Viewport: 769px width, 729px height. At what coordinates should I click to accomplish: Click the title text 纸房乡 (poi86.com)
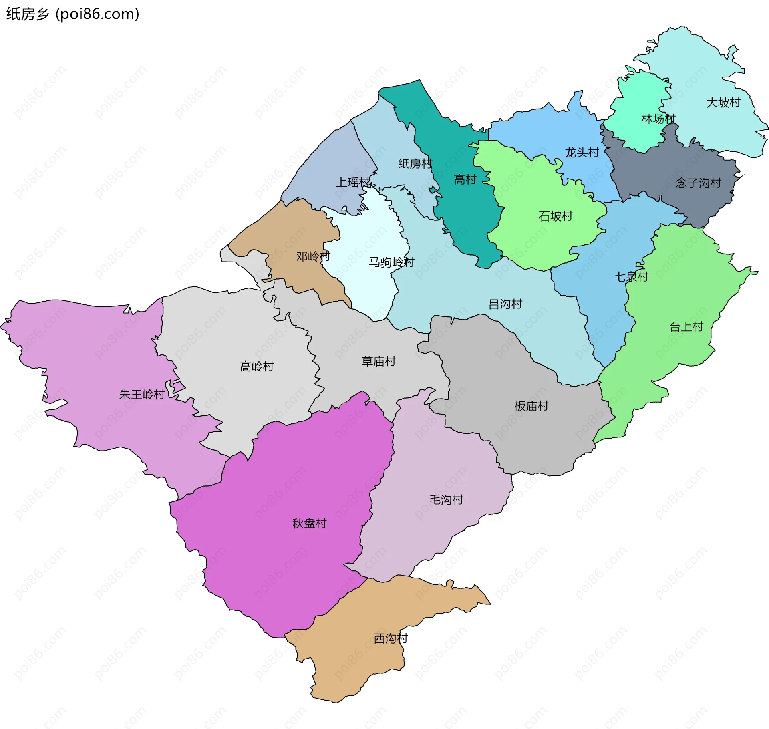coord(72,14)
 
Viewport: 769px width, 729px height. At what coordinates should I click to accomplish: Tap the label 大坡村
coord(723,103)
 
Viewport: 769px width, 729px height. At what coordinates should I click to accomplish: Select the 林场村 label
coord(658,119)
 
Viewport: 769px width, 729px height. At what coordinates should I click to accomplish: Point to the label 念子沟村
coord(698,183)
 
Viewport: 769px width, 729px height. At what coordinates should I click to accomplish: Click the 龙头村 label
coord(582,153)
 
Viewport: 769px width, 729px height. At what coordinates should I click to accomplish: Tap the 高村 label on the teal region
coord(465,179)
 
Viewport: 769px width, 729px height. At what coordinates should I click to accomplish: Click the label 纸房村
coord(415,163)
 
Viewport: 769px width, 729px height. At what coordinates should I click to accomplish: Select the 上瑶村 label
coord(352,182)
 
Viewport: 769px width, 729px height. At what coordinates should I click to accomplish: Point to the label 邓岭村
coord(313,256)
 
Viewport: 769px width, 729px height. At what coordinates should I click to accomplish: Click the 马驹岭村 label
coord(391,262)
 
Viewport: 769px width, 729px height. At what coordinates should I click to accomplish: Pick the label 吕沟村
coord(505,304)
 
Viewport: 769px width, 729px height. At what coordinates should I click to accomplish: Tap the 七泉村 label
coord(631,277)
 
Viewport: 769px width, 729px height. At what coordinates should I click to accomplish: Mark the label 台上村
coord(686,327)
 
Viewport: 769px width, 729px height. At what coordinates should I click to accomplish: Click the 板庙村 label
coord(531,406)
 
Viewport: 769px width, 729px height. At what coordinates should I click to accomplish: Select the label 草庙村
coord(378,361)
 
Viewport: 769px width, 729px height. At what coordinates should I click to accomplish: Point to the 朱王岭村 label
coord(142,395)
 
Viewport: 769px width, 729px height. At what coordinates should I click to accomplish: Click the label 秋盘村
coord(309,524)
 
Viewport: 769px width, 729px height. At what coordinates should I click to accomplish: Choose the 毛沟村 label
coord(446,500)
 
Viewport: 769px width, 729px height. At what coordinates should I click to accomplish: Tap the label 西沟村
coord(391,638)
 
